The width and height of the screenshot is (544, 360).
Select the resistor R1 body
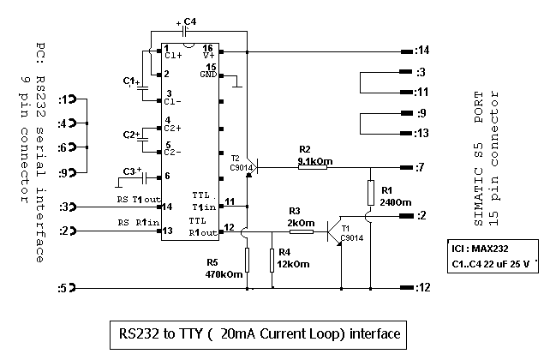pos(370,192)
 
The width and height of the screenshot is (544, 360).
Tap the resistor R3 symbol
pos(301,231)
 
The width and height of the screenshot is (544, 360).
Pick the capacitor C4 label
pos(190,21)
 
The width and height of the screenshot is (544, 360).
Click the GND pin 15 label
pos(208,71)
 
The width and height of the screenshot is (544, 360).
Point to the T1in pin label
pos(205,206)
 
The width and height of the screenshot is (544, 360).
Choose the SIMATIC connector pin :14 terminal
pos(405,51)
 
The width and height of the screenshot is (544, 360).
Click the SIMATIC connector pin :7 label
pos(420,167)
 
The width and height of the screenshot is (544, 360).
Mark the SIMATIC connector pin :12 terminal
pos(405,288)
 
